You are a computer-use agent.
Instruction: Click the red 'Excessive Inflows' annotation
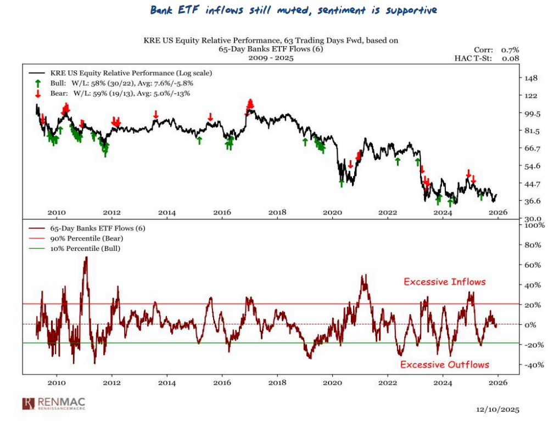point(445,282)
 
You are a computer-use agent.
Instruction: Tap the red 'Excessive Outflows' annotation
point(444,364)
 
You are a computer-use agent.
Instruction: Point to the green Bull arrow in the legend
point(37,83)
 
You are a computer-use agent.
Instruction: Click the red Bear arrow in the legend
point(37,93)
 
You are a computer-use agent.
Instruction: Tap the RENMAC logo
point(54,403)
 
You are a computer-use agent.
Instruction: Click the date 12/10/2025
point(497,409)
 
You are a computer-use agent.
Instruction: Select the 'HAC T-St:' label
point(473,58)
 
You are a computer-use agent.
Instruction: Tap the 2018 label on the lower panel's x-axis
point(277,383)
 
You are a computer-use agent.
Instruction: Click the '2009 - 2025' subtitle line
point(271,58)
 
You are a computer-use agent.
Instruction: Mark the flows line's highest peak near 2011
point(86,257)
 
